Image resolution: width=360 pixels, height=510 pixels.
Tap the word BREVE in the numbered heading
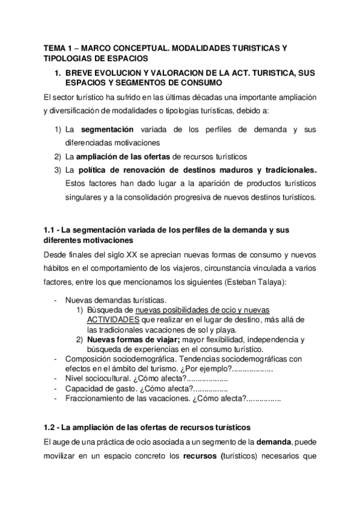click(82, 72)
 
